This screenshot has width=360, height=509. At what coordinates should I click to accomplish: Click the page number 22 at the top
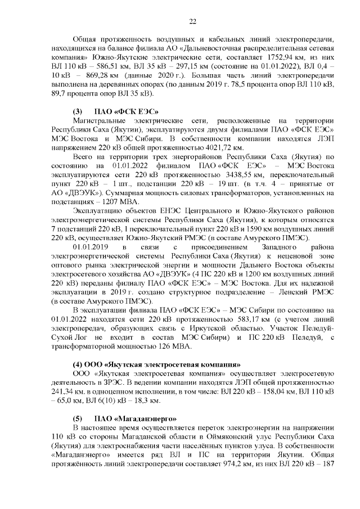click(192, 22)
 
